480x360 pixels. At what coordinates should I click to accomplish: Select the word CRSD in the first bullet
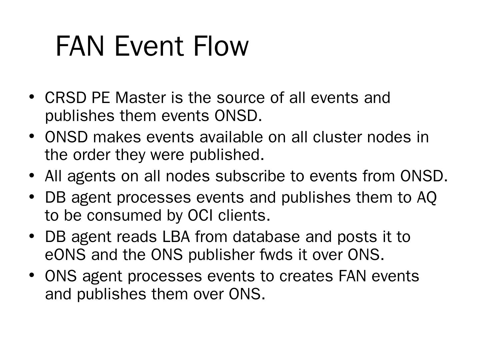click(65, 98)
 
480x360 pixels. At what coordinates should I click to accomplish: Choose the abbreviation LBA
click(176, 237)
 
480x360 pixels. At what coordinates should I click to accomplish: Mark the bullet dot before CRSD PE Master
click(32, 97)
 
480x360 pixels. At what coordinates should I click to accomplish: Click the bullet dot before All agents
click(32, 175)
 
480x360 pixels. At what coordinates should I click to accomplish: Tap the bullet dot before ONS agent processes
click(32, 275)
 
